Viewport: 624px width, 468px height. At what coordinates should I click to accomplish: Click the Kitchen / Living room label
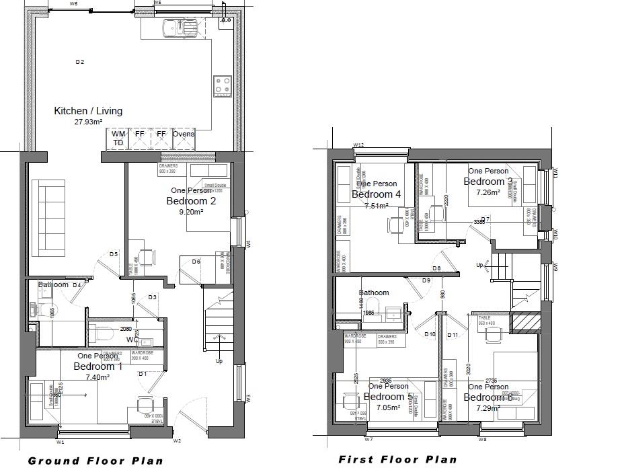[88, 111]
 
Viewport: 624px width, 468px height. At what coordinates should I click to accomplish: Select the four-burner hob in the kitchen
[223, 85]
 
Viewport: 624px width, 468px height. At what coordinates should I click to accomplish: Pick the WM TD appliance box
[118, 139]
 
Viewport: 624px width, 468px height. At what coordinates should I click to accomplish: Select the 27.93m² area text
[88, 122]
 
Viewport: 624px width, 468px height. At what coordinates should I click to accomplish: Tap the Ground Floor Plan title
[95, 461]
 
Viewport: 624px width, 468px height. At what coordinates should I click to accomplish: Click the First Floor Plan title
[397, 460]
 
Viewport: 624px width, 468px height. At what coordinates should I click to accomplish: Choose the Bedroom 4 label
[376, 194]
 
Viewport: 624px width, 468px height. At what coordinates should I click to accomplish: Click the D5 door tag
[114, 254]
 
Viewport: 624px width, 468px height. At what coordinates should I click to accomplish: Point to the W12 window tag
[358, 145]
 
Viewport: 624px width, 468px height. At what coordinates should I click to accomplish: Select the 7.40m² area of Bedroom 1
[97, 377]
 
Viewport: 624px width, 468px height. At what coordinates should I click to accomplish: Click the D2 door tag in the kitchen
[79, 62]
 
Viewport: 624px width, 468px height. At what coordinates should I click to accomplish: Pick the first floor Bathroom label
[373, 292]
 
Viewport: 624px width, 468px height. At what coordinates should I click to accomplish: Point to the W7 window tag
[368, 439]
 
